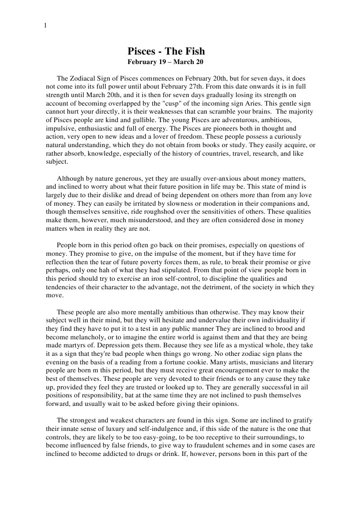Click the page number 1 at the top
[x=45, y=26]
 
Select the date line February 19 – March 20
[x=165, y=63]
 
